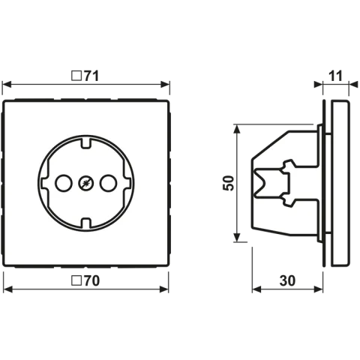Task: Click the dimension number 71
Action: [91, 76]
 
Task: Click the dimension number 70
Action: [91, 280]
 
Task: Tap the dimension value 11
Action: [335, 76]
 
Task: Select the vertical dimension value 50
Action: [228, 183]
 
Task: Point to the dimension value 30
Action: [287, 280]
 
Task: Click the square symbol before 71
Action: [76, 76]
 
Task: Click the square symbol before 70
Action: [76, 280]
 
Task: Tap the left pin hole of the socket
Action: [64, 183]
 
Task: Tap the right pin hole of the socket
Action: [108, 183]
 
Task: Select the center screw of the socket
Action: [86, 183]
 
